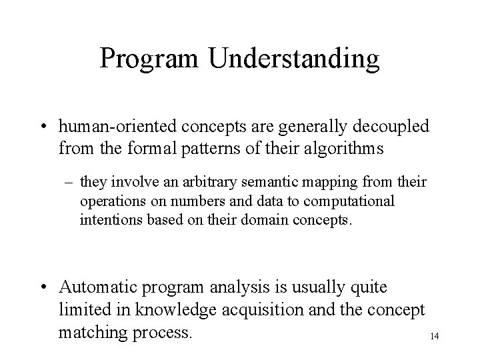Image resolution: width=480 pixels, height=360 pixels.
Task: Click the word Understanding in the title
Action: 294,59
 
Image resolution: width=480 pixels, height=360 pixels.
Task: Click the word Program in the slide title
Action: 150,59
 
